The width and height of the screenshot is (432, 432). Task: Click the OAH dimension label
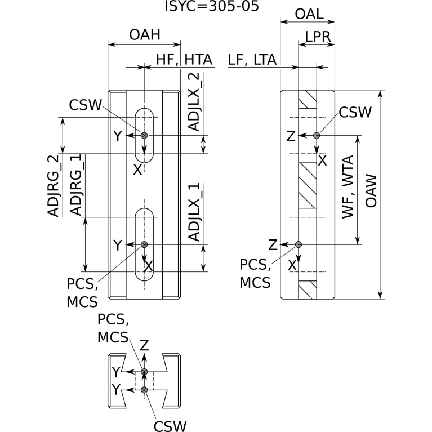[145, 35]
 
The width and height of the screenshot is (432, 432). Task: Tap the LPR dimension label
[317, 36]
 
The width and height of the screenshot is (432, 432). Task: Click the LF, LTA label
[253, 59]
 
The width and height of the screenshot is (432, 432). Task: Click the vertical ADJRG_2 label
[54, 186]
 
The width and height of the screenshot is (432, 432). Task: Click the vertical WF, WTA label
[350, 186]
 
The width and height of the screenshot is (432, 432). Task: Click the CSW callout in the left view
[85, 105]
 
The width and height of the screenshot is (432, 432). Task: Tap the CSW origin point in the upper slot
[144, 135]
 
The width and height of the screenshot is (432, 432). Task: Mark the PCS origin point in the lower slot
[144, 244]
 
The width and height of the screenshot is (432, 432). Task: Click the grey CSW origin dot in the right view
[317, 135]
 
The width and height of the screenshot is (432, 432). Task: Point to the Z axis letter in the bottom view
[144, 345]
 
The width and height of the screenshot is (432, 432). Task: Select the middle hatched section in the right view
[308, 185]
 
